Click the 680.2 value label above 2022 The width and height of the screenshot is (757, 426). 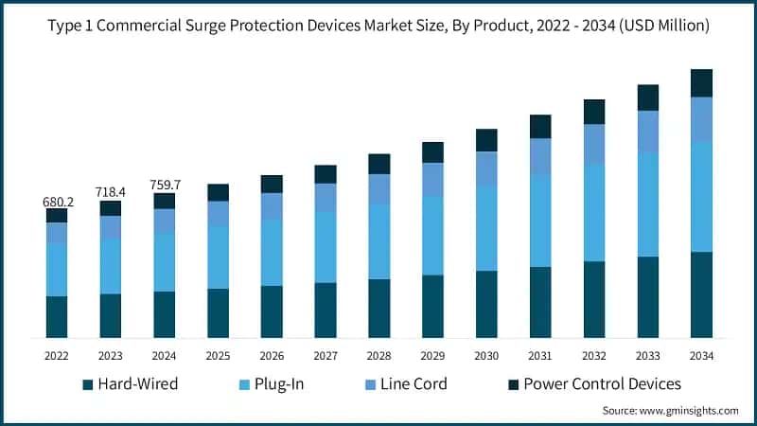click(57, 202)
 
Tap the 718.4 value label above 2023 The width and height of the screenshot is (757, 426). click(111, 193)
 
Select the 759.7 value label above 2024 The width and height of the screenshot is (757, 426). click(165, 186)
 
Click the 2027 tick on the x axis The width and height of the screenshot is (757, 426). click(326, 355)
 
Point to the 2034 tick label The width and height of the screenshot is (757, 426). click(701, 355)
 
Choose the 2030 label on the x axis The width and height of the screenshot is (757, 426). click(486, 355)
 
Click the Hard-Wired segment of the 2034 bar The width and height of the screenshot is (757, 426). click(701, 294)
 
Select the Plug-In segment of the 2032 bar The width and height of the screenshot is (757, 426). click(593, 212)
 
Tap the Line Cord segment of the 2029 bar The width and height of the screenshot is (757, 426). click(432, 179)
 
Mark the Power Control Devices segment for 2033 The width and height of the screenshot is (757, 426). click(647, 98)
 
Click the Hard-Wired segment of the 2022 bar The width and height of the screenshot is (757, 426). click(57, 316)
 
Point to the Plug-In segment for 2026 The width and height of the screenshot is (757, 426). click(272, 252)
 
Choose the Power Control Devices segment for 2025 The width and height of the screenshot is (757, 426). click(218, 192)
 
